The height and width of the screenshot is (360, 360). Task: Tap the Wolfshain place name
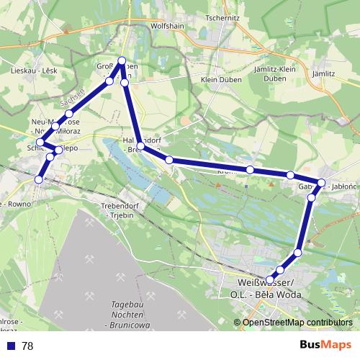[168, 25]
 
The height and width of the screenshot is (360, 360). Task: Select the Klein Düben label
[219, 79]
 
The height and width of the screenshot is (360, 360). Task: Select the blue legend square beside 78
[10, 346]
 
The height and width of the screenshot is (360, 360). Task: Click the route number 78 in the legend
[27, 346]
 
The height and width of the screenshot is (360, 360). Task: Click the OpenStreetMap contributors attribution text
[297, 323]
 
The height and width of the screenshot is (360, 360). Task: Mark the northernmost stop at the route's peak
[122, 61]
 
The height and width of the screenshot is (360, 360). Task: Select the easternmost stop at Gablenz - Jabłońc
[322, 183]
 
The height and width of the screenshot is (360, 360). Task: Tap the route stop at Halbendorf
[141, 146]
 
